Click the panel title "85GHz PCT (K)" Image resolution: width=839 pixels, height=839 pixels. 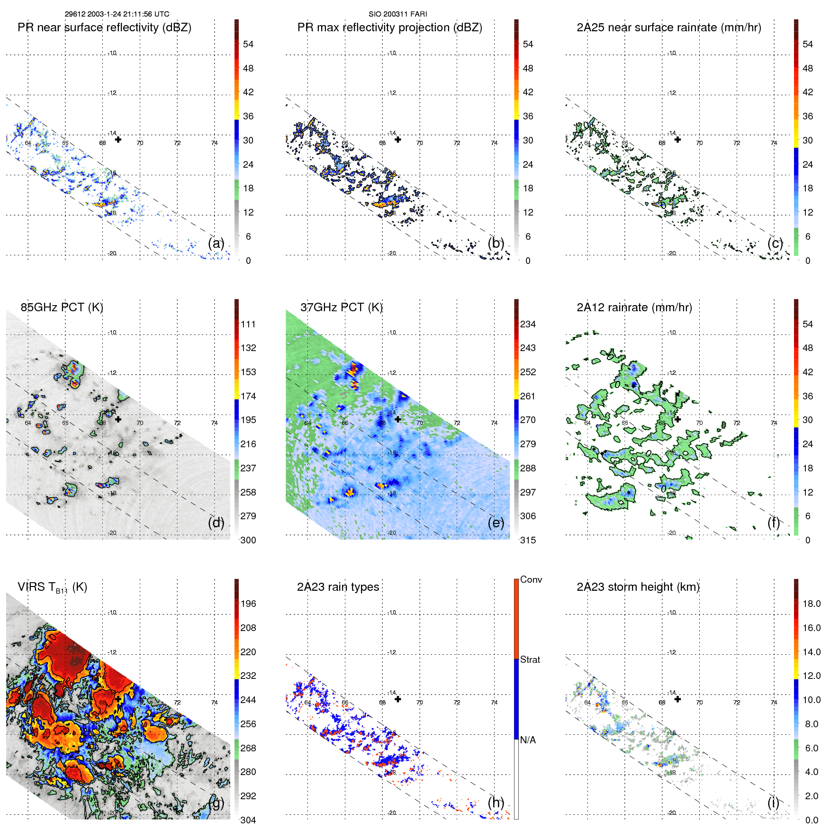coord(62,307)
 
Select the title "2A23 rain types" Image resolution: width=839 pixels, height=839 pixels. coord(338,587)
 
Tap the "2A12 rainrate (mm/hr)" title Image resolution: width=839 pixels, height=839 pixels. coord(634,307)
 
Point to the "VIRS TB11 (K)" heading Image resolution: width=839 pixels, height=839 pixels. coord(52,587)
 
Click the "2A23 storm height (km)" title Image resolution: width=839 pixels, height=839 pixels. coord(638,587)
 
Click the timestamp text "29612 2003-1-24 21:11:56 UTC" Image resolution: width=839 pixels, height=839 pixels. coord(117,14)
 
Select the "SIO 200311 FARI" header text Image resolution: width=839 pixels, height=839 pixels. coord(397,14)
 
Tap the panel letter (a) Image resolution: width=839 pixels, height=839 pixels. coord(216,243)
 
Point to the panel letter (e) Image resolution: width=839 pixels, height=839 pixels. coord(496,523)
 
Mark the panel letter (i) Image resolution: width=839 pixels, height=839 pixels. coord(773,803)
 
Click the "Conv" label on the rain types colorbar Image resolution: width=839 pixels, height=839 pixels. coord(531,579)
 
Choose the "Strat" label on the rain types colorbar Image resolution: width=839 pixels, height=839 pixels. coord(530,659)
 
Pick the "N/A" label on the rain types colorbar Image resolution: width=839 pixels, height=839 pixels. coord(528,740)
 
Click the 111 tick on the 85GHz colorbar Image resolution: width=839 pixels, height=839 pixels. coord(248,324)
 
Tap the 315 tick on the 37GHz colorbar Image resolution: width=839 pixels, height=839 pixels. coord(528,540)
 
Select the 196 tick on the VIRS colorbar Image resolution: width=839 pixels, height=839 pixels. coord(248,604)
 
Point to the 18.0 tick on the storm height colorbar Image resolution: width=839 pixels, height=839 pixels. coord(811,604)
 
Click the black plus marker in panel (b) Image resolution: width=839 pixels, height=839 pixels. coord(398,139)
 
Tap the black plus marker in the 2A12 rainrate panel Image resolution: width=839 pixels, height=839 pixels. coord(677,419)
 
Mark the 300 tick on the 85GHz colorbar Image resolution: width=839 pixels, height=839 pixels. coord(248,540)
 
